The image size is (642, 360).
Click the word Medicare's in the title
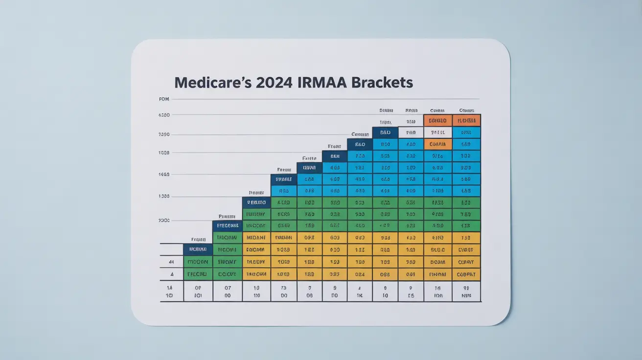(x=210, y=82)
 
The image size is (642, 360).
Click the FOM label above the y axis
(x=164, y=99)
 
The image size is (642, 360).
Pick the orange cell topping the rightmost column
(x=466, y=120)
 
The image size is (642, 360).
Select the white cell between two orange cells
(x=437, y=132)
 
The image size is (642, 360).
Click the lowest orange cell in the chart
(x=437, y=144)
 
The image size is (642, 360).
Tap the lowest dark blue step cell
(x=198, y=249)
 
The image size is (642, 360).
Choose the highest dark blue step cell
(x=385, y=132)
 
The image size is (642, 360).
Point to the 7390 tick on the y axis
(x=164, y=135)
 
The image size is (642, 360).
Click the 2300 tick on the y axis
(x=164, y=221)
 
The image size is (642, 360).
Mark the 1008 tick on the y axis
(x=164, y=153)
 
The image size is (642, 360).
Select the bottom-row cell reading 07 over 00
(x=228, y=292)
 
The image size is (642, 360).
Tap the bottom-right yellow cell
(x=466, y=274)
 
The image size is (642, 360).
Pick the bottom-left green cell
(x=198, y=274)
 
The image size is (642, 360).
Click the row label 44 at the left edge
(x=171, y=262)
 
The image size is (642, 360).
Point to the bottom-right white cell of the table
(x=466, y=292)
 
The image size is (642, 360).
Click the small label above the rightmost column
(x=466, y=111)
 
